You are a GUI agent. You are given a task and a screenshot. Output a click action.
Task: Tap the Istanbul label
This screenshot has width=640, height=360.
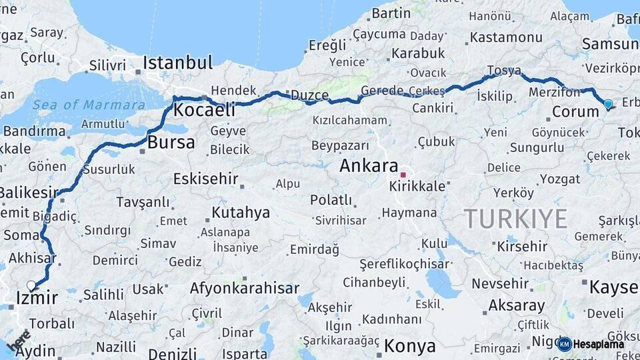178,63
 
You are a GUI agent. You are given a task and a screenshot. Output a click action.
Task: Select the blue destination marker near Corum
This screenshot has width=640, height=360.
607,104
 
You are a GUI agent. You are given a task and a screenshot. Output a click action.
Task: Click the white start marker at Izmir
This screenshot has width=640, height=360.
31,286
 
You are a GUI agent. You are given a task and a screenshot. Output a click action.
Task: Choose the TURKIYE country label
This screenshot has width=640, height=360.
515,218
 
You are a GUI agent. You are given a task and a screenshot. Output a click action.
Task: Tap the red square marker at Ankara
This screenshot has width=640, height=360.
403,175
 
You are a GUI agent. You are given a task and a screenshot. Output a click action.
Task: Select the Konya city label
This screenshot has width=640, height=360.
410,346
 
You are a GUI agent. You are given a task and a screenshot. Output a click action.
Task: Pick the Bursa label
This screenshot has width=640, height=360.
171,142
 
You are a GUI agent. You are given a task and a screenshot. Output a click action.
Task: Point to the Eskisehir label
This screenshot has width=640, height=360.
206,179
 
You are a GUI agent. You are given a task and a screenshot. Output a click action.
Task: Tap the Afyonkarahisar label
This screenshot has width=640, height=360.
245,289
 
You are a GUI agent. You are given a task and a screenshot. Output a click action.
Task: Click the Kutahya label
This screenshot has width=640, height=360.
241,213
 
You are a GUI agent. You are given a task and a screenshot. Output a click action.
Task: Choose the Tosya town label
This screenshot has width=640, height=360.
504,70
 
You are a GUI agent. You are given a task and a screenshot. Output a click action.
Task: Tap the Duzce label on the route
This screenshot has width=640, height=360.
310,95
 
